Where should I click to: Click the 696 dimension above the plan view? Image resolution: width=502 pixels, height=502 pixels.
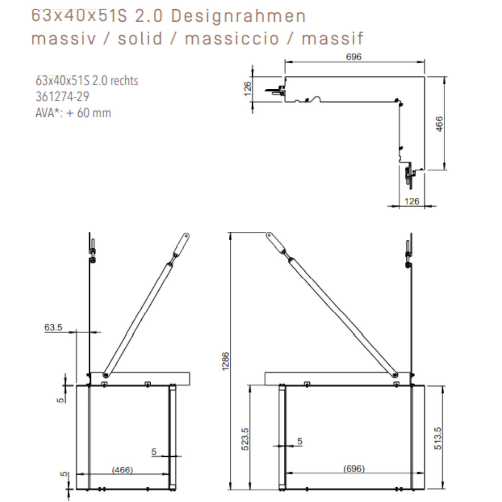point(353,57)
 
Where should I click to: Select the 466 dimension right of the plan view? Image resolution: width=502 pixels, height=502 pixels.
point(439,124)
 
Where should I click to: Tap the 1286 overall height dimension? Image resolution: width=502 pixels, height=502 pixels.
point(226,361)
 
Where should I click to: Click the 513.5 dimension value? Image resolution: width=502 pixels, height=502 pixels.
point(438,438)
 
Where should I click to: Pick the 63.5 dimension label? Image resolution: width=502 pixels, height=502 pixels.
point(53,327)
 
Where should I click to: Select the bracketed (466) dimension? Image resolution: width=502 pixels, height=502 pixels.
point(122,470)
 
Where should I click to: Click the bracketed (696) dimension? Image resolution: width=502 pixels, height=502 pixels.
point(354,468)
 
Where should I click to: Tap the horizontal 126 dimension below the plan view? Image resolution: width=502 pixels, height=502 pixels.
point(411,201)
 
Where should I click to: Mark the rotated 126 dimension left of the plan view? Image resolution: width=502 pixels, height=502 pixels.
point(248,89)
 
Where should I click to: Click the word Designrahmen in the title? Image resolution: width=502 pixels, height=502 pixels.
point(238,16)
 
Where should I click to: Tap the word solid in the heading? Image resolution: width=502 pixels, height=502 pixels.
point(140,39)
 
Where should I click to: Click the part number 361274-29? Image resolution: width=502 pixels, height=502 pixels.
point(62,97)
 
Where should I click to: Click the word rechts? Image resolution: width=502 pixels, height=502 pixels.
point(124,81)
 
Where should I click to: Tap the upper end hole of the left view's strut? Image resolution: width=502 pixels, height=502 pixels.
point(186,235)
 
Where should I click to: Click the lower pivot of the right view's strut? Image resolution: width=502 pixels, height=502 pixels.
point(395,375)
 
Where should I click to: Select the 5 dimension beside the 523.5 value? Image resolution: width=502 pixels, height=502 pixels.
point(300,441)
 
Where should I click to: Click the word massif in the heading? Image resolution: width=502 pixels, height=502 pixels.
point(332,39)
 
